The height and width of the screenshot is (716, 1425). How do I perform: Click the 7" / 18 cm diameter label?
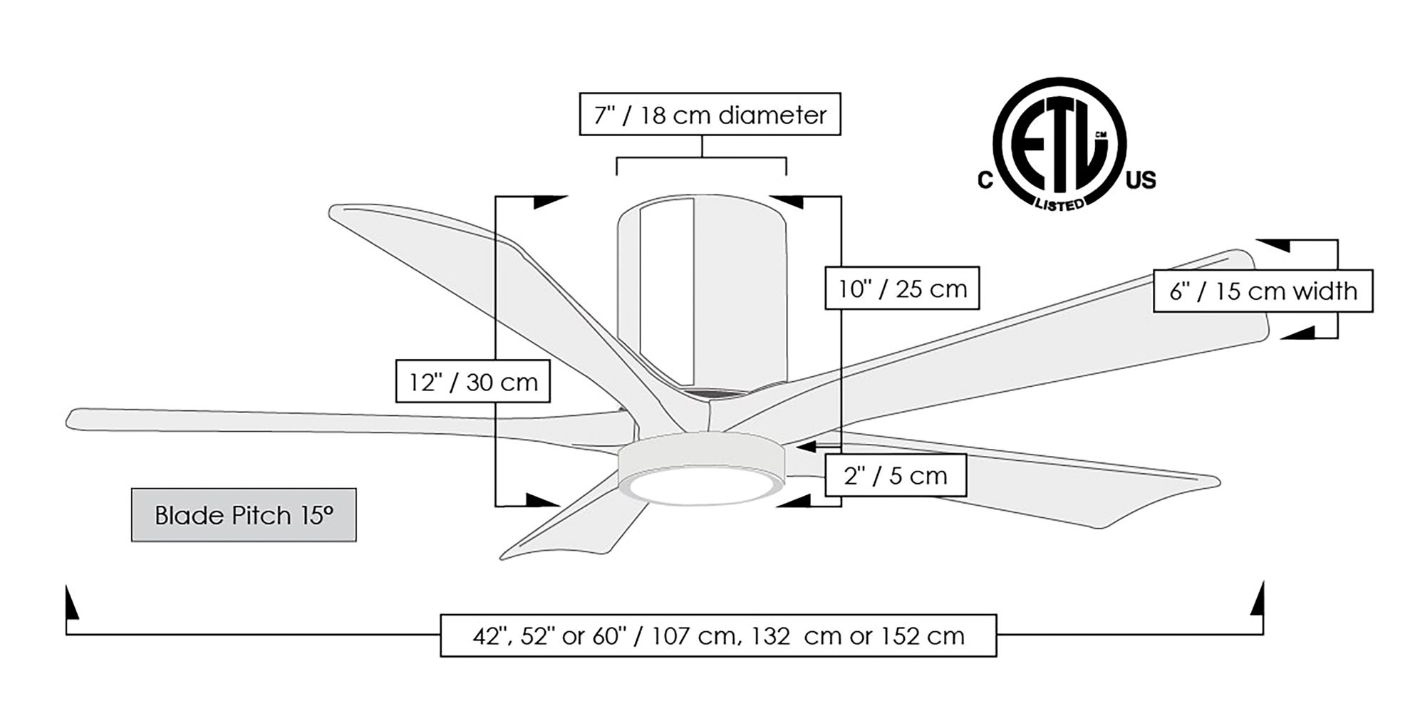coord(710,114)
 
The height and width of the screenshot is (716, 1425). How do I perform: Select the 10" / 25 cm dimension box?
coord(902,289)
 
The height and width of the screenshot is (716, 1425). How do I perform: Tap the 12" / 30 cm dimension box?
coord(472,382)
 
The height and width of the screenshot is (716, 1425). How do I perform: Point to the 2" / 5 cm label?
coord(896,475)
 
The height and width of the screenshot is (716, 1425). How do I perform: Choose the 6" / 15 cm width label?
coord(1263,291)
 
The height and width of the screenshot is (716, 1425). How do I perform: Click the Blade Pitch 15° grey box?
coord(244,515)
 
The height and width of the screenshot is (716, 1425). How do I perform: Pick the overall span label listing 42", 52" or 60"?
coord(718,635)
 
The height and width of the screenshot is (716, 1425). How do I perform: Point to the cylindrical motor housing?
coord(702,292)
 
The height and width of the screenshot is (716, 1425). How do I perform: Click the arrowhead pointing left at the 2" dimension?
coord(806,447)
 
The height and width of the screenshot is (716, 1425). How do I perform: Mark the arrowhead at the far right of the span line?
coord(1258,600)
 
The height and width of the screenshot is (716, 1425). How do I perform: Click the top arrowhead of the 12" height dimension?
coord(549,201)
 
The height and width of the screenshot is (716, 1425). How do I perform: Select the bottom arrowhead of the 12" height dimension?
coord(542,500)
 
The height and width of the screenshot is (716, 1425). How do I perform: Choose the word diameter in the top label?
coord(773,114)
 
